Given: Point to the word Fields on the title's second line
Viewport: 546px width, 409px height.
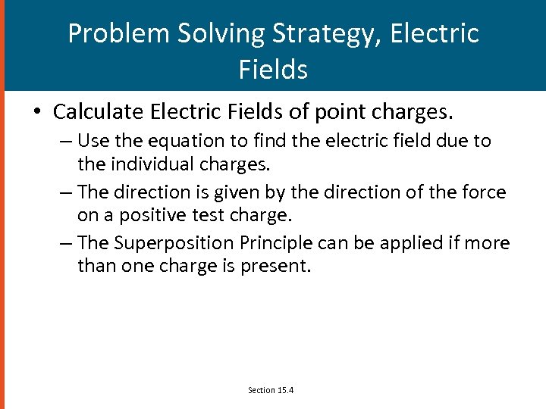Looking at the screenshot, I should click(273, 70).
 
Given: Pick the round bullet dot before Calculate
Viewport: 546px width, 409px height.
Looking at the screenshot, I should click(36, 113).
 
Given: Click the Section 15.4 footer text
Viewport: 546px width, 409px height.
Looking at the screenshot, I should click(271, 390).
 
